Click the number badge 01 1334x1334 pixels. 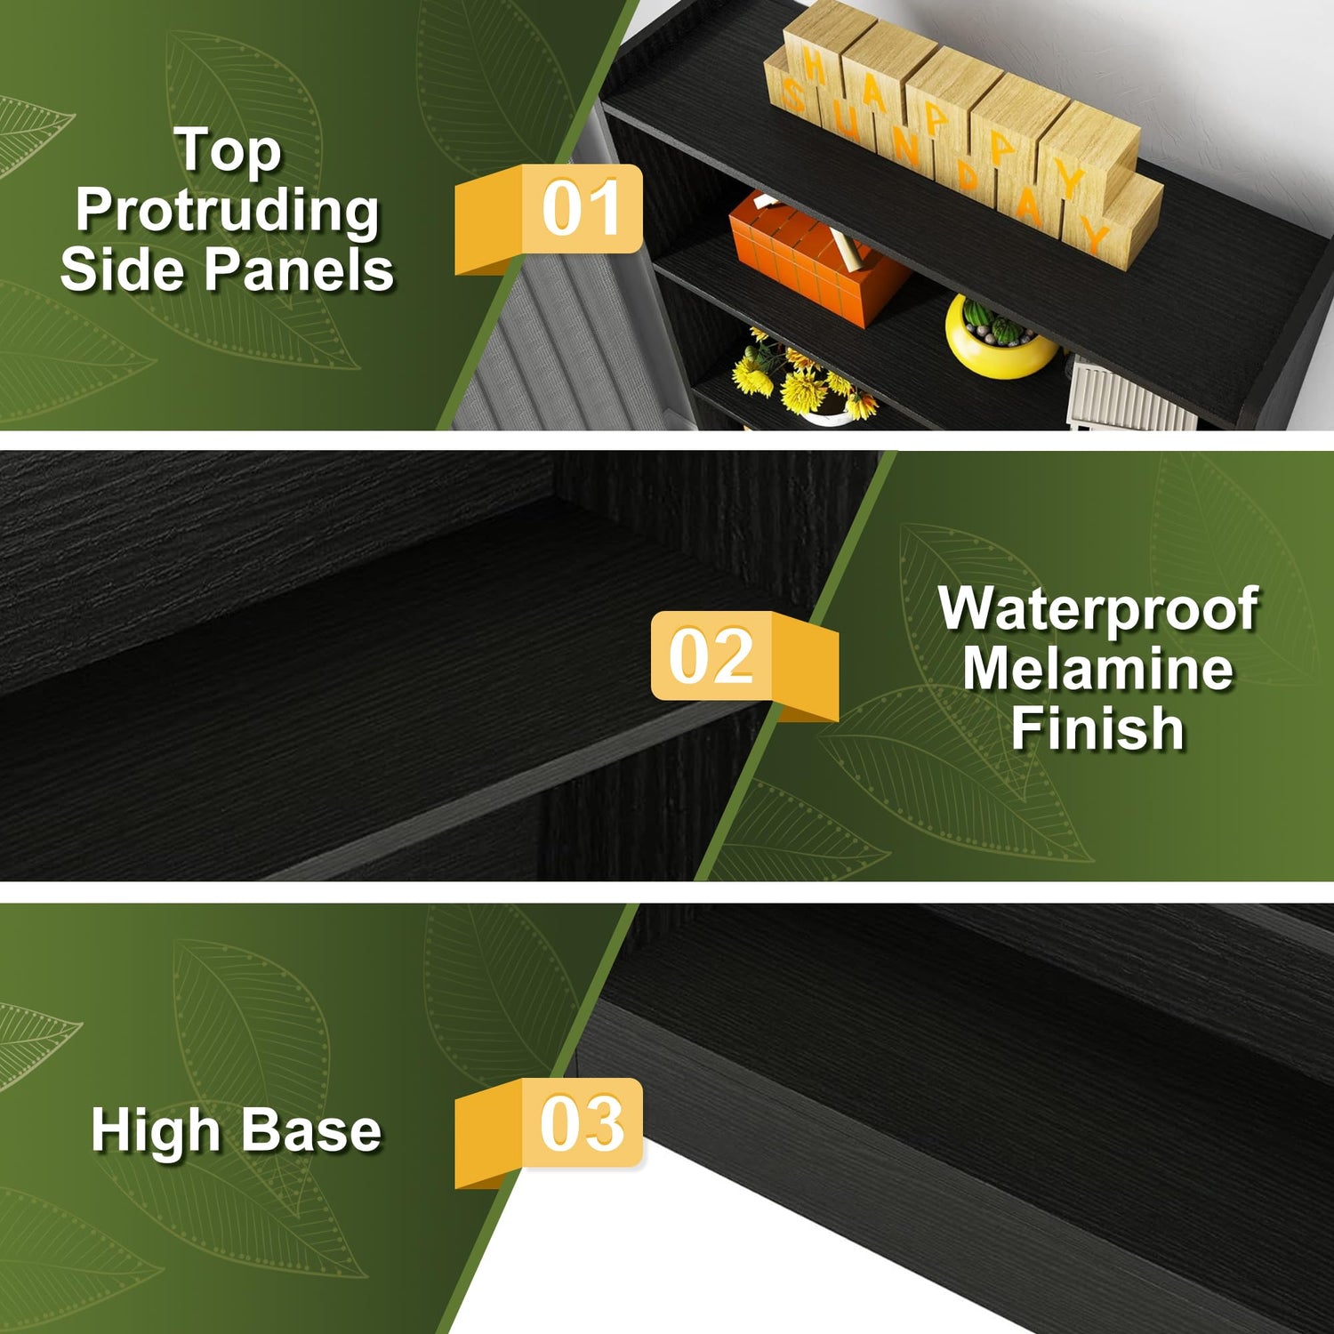tap(549, 218)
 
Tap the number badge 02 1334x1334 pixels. tap(745, 664)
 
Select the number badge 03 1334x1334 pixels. tap(549, 1132)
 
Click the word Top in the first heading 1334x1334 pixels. tap(228, 151)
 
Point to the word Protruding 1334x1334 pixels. tap(228, 212)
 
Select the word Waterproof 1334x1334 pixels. tap(1098, 610)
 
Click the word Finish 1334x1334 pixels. tap(1098, 728)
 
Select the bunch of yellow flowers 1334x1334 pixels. tap(800, 378)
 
